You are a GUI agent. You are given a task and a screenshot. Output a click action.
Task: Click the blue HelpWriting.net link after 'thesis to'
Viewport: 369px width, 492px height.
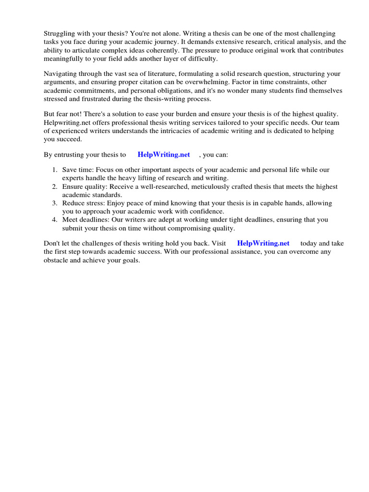pos(163,154)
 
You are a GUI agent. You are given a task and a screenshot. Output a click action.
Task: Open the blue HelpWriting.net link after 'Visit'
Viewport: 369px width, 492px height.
pos(263,243)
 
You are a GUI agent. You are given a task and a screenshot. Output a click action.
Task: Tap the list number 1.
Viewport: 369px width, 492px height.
pos(55,170)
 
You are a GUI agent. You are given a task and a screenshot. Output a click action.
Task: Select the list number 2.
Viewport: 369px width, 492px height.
pos(55,186)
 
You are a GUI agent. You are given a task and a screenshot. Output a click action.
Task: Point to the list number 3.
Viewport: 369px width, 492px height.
pos(55,203)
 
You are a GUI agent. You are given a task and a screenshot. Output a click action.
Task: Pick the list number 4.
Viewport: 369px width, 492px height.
pos(55,220)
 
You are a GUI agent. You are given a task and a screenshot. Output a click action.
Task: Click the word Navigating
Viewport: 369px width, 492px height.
pos(60,74)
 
